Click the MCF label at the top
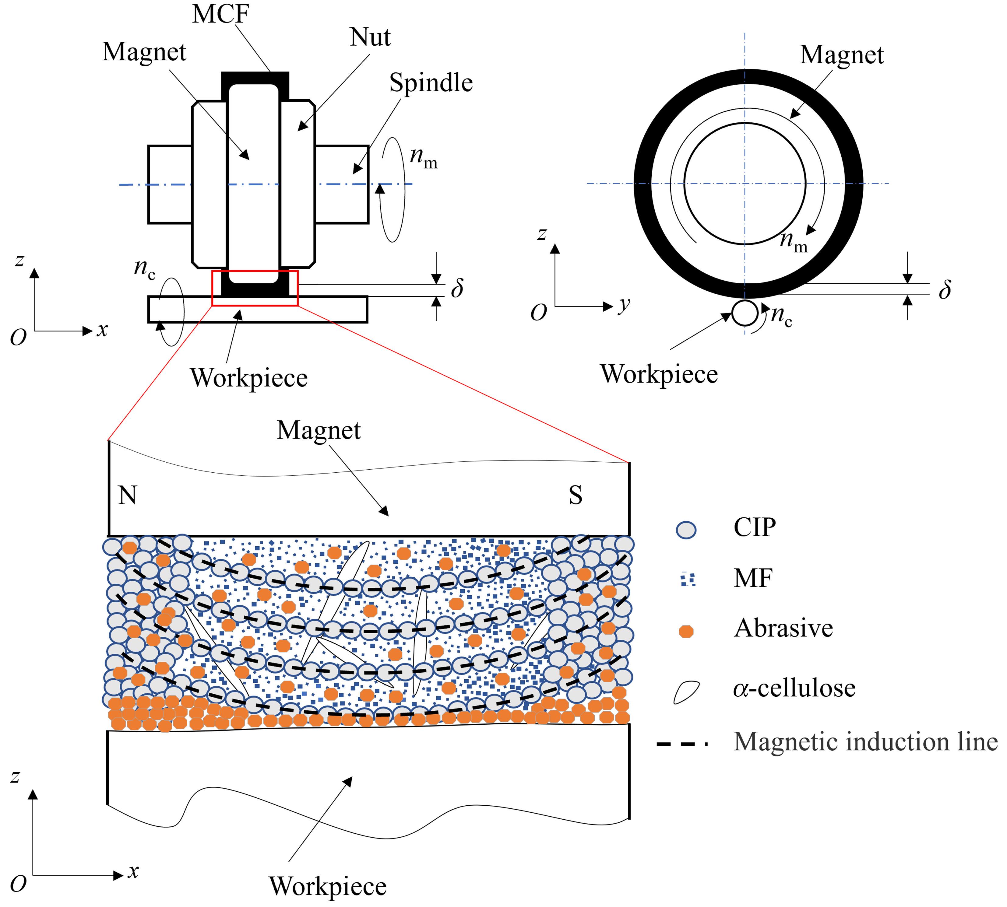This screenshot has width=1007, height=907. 220,14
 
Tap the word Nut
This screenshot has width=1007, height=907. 370,37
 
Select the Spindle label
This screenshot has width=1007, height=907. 431,83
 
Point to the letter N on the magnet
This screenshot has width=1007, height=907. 127,496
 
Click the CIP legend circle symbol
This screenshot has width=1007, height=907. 686,530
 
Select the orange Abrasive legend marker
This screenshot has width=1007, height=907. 686,632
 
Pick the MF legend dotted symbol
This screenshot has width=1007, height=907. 688,580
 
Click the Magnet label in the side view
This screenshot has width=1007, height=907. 841,55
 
